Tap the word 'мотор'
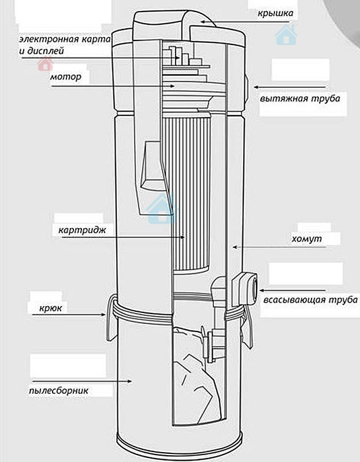65,76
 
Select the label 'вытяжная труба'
300,98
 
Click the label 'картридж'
85,230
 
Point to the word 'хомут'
307,238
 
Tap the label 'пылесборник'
69,390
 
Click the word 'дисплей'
44,51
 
